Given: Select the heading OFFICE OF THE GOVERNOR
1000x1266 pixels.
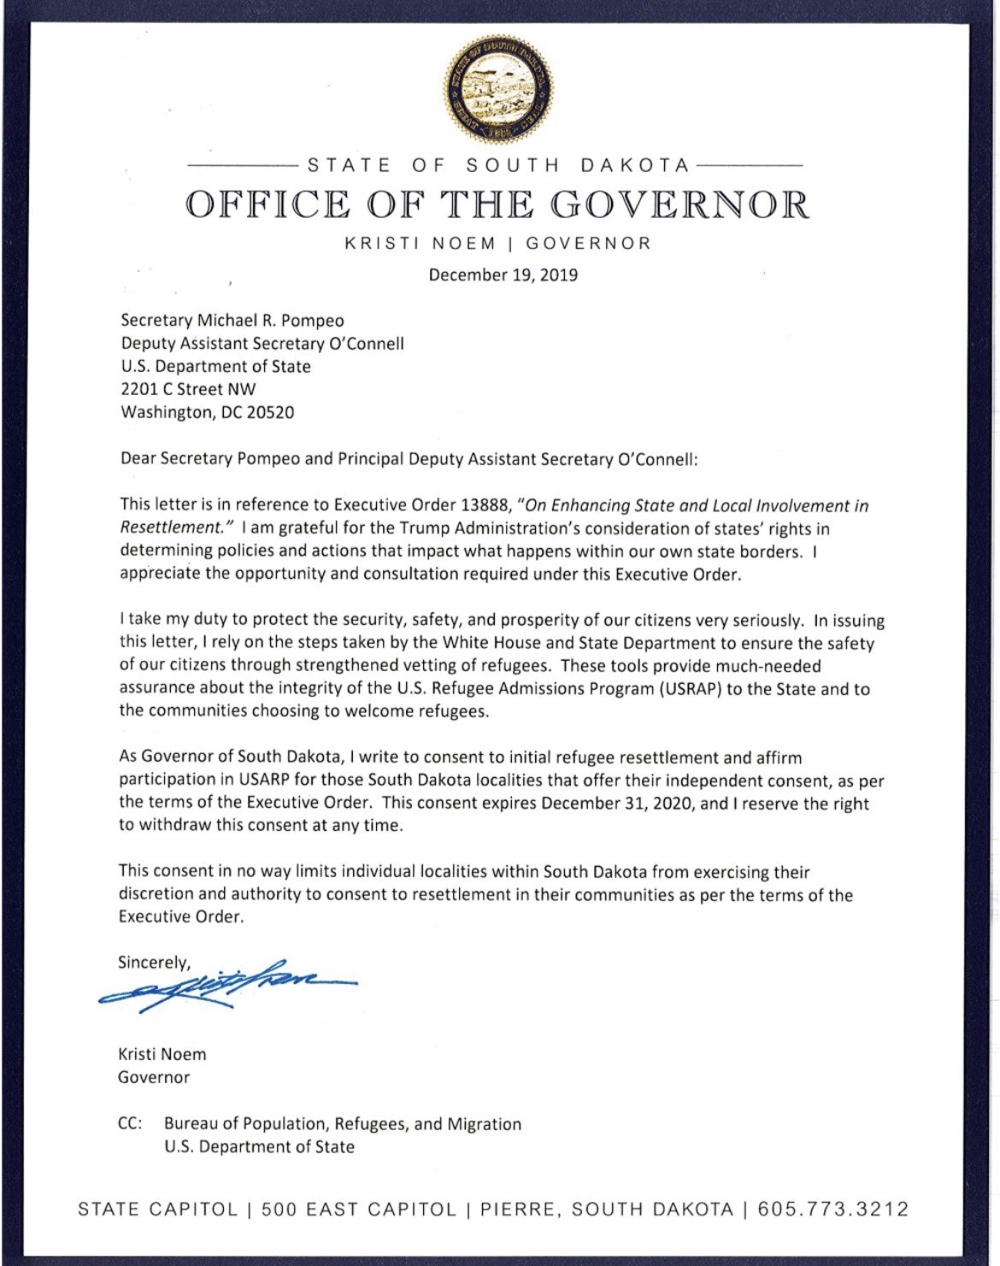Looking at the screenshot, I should (x=498, y=205).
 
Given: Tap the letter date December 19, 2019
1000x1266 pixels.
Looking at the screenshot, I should (x=503, y=275).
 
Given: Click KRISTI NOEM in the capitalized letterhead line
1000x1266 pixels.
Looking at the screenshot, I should (x=420, y=244).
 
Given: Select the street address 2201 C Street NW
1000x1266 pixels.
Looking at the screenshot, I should (x=188, y=390).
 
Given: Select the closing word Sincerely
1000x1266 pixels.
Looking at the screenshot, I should (x=154, y=963).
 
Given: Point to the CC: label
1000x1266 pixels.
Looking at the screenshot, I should (x=130, y=1124).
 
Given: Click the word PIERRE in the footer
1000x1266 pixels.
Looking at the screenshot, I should (x=518, y=1210).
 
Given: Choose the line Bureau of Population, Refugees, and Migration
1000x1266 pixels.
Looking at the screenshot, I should (x=343, y=1124).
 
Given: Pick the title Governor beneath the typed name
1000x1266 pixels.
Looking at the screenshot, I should (x=154, y=1077).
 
